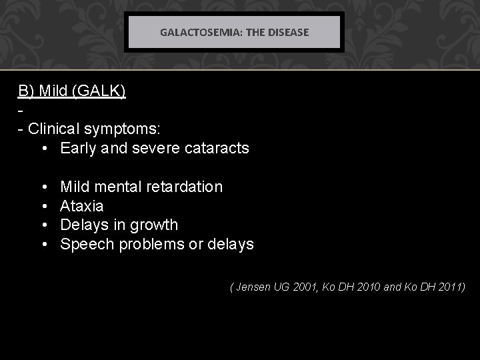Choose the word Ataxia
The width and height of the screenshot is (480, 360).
[x=81, y=206]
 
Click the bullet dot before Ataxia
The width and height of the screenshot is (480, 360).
[x=43, y=206]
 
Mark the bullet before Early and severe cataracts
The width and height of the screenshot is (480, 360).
[x=43, y=148]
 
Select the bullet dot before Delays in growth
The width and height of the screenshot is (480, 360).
[x=43, y=225]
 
